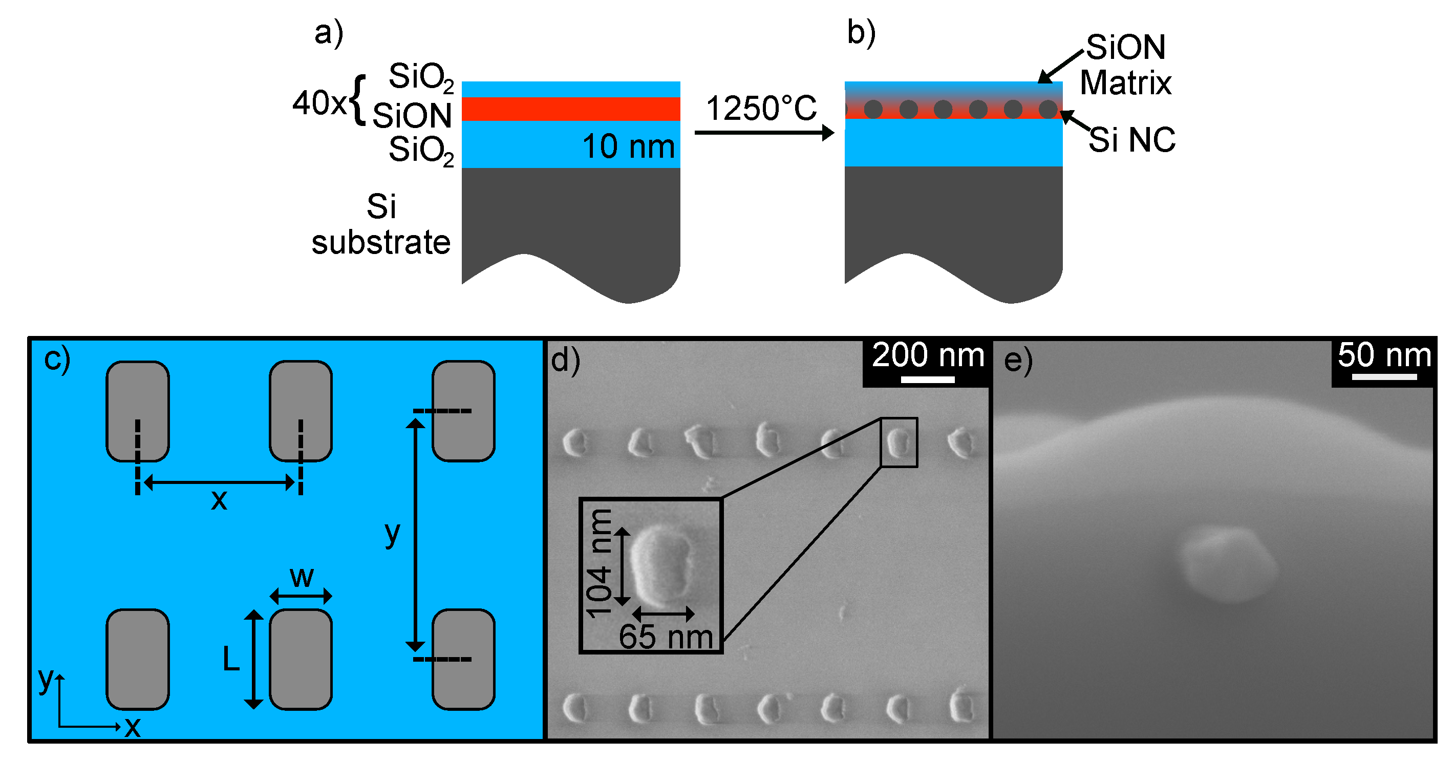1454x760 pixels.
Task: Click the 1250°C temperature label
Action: [x=761, y=109]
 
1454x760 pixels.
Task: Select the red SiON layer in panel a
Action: [x=570, y=109]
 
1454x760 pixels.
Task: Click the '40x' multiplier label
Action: [x=319, y=103]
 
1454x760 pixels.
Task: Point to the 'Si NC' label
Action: [x=1131, y=139]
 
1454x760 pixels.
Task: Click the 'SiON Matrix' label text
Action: [x=1125, y=65]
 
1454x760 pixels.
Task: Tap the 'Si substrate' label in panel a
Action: [x=381, y=224]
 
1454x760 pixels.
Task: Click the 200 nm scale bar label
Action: [x=927, y=356]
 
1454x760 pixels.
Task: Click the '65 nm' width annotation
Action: [x=666, y=637]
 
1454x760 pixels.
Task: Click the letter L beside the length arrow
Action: [x=231, y=659]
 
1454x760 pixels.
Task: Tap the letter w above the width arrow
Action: [x=301, y=577]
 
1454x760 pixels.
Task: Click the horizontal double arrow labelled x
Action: [x=219, y=482]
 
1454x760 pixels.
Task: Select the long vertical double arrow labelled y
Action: [x=415, y=535]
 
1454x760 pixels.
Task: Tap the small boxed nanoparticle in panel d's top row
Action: [x=898, y=442]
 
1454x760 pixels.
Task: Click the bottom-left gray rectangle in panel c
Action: [x=138, y=659]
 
